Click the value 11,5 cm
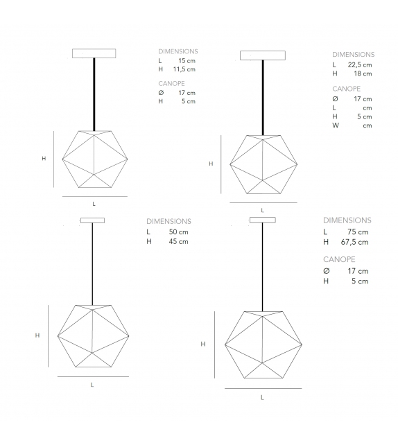pos(185,69)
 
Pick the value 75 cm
pos(358,232)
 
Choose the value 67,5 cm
pos(355,242)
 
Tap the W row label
pos(335,125)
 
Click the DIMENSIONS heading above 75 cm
pos(347,220)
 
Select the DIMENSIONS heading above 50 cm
pos(168,220)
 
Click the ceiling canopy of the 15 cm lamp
pos(94,53)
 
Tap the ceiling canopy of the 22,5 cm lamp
pos(263,56)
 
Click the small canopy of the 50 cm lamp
pos(92,221)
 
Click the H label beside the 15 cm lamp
pos(44,158)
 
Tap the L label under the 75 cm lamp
pos(261,397)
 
